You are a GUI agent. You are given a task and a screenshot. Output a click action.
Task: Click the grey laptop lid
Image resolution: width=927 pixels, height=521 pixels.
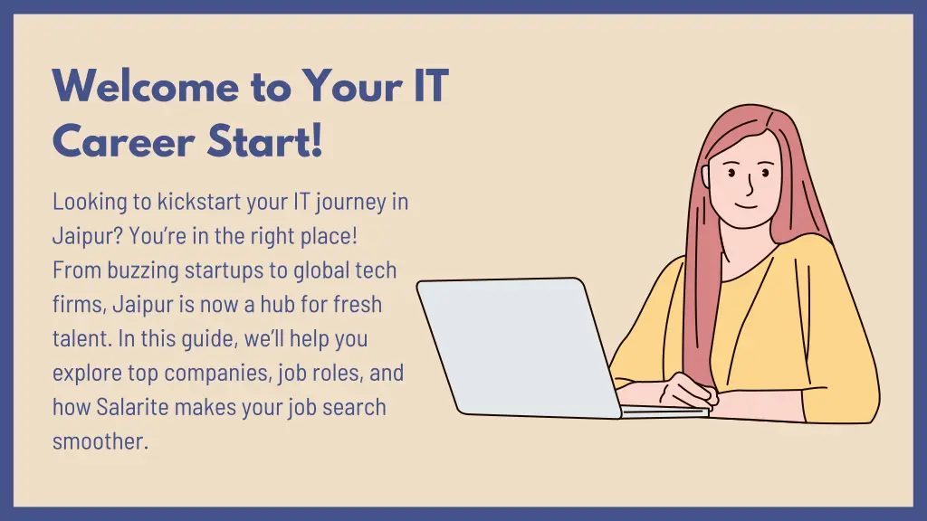tap(516, 344)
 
